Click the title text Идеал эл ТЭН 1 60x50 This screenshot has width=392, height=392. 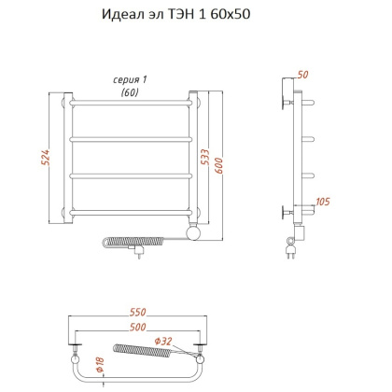[195, 16]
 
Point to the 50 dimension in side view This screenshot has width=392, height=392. [301, 74]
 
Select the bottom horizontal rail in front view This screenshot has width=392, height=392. [133, 212]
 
